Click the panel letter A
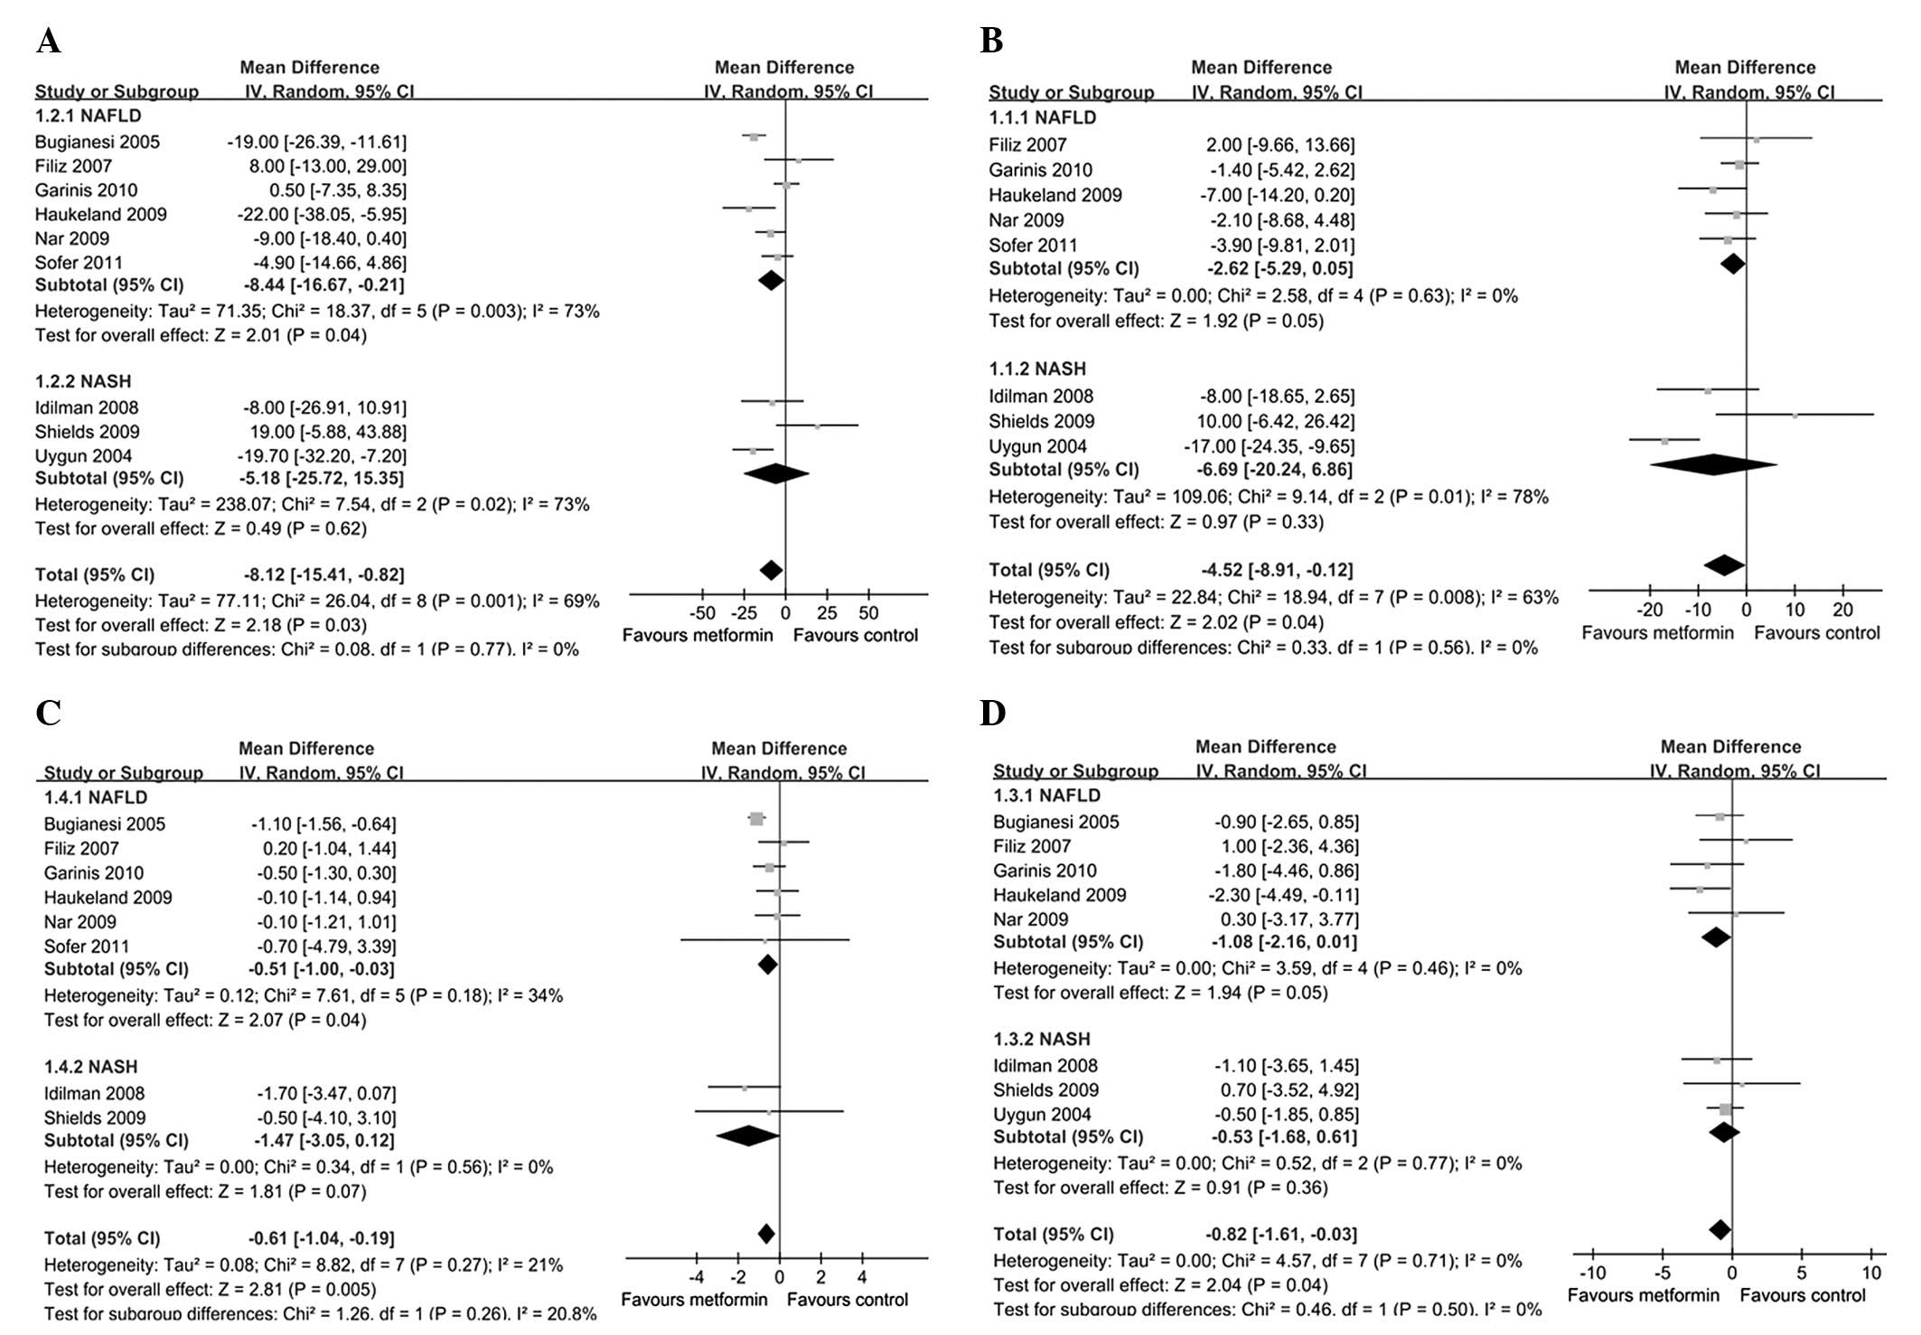point(49,42)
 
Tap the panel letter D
point(992,714)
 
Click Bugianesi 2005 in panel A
point(98,142)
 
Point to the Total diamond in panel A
point(771,570)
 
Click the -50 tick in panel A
point(703,613)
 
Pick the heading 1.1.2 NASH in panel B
point(1036,369)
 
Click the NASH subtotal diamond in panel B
point(1713,465)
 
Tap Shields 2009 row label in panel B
point(1041,421)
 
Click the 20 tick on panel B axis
point(1842,610)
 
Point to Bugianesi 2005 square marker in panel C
point(756,818)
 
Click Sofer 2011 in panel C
point(87,947)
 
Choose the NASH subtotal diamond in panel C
point(747,1136)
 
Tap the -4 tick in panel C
point(697,1277)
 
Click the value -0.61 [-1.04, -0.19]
point(322,1238)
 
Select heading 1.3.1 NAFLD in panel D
point(1046,795)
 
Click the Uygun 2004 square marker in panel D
point(1725,1109)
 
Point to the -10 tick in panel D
point(1592,1273)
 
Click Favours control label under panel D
point(1803,1295)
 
